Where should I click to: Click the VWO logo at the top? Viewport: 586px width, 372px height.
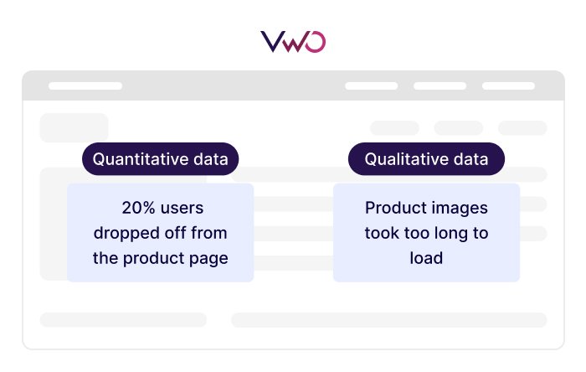[293, 41]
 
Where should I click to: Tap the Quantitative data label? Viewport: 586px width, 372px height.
[160, 159]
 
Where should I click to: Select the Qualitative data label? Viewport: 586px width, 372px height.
[427, 159]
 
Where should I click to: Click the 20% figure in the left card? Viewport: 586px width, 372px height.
[140, 208]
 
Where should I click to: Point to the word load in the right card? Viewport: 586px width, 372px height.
[426, 258]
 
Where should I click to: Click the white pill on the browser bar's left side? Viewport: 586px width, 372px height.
[85, 86]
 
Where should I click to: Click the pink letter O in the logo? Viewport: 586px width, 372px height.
[316, 42]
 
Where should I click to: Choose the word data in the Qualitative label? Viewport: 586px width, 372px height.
[472, 159]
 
